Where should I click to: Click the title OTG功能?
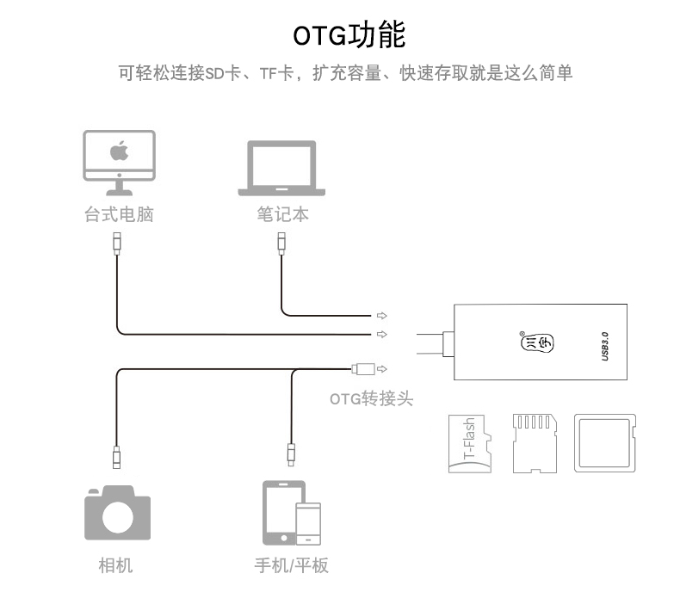pyautogui.click(x=349, y=35)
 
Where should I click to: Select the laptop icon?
pyautogui.click(x=281, y=168)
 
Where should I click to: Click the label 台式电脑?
pyautogui.click(x=119, y=214)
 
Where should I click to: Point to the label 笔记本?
pyautogui.click(x=281, y=214)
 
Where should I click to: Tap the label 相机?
pyautogui.click(x=116, y=565)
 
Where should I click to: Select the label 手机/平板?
pyautogui.click(x=291, y=565)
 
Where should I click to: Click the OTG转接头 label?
pyautogui.click(x=372, y=398)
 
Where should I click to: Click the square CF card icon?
pyautogui.click(x=606, y=444)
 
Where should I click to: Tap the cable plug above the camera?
pyautogui.click(x=117, y=453)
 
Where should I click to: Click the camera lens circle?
pyautogui.click(x=117, y=517)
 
